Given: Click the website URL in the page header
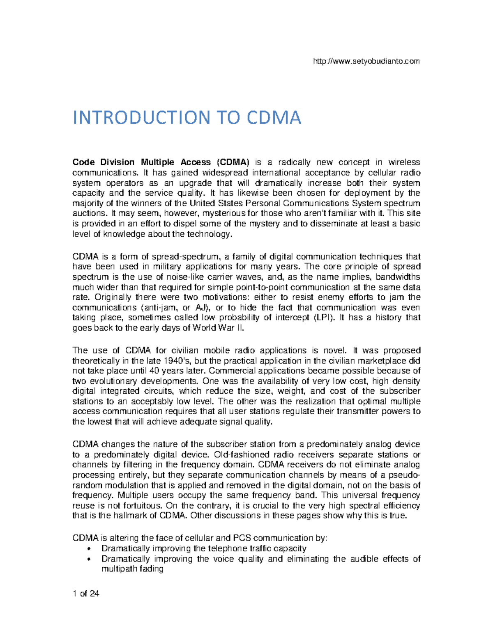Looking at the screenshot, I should (366, 62).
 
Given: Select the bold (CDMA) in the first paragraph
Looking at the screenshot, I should (233, 162).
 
